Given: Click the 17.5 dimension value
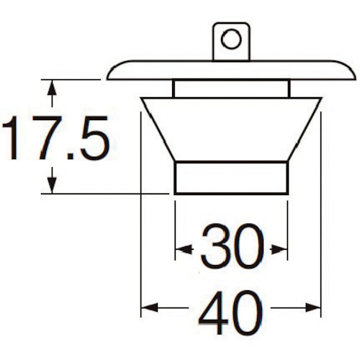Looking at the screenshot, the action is pos(55,138).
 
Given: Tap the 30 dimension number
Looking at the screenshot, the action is pos(233,246).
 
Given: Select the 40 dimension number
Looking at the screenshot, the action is pos(230,312).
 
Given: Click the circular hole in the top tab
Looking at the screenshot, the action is pos(231,39).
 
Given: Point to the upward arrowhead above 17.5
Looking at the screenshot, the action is pos(52,88).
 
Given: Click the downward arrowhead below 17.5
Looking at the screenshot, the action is pos(52,185).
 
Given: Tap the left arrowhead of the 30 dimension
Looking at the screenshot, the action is pos(184,250).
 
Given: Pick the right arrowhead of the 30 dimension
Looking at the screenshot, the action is pos(279,250).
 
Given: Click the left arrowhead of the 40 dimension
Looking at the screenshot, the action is pos(150,307).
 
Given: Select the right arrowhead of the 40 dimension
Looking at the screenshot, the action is pos(312,307).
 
